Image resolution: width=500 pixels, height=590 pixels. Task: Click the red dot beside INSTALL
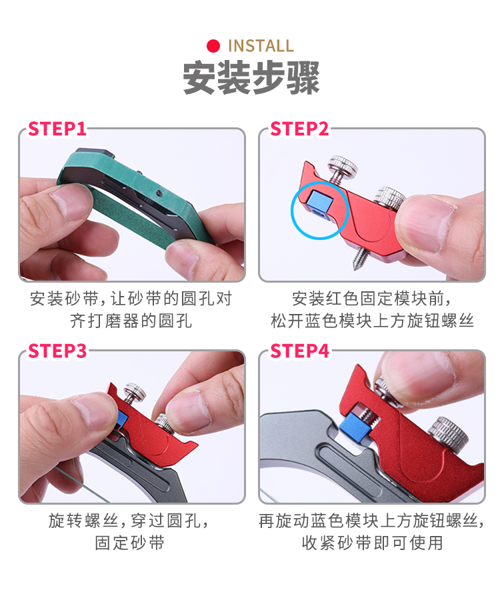[213, 46]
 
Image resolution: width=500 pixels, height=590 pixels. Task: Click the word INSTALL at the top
[261, 46]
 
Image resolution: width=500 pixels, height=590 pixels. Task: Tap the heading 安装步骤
[251, 78]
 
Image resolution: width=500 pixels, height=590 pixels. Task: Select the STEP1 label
[57, 129]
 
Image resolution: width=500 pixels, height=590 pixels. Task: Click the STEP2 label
[299, 129]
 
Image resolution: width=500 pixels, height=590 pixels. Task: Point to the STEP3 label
[57, 351]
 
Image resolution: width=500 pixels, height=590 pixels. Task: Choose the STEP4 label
[299, 351]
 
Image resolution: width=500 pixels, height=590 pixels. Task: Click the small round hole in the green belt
[159, 193]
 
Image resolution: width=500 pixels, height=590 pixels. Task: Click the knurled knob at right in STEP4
[449, 433]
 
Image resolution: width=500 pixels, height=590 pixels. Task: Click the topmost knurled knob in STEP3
[135, 392]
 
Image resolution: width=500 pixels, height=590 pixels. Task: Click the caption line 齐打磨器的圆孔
[131, 321]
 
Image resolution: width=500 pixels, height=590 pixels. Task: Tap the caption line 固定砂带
[129, 543]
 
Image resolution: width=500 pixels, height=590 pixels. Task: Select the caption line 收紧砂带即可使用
[372, 543]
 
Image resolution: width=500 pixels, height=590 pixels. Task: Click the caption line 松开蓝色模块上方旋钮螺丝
[372, 321]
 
